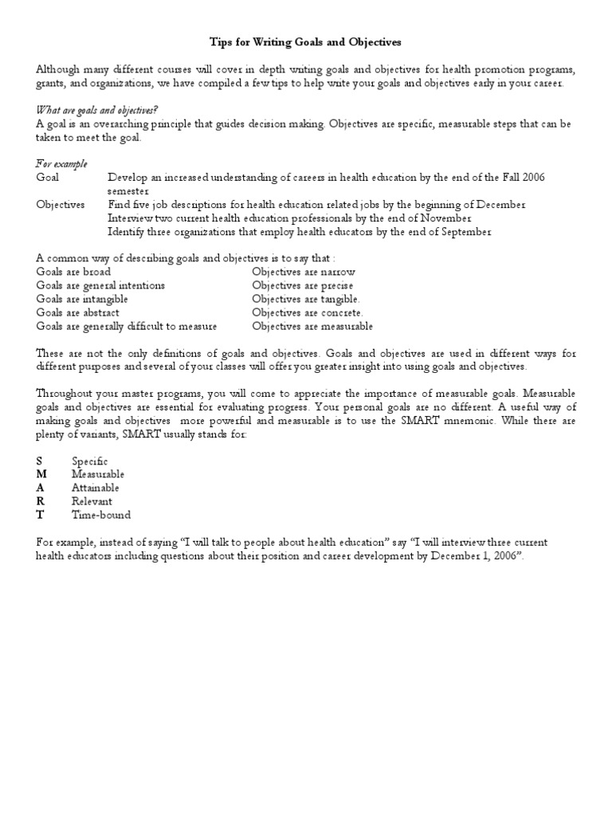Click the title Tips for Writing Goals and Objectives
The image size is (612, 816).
[x=306, y=41]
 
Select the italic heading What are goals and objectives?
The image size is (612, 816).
[x=95, y=110]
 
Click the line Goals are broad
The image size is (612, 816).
[x=73, y=272]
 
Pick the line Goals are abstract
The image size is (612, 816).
[x=78, y=312]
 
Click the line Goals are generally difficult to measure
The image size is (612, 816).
[x=127, y=326]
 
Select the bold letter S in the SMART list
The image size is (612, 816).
[x=39, y=461]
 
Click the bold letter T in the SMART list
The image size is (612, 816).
[x=40, y=515]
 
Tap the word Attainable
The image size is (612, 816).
[x=96, y=488]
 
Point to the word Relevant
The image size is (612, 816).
[x=92, y=501]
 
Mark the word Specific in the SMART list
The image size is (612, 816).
[x=89, y=461]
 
